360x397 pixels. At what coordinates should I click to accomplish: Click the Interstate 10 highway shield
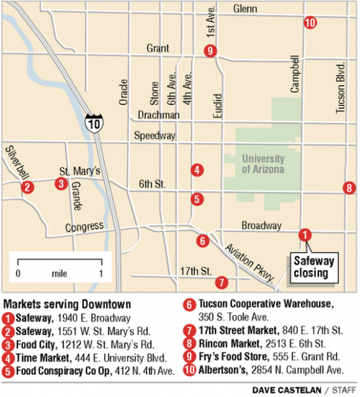[x=93, y=122]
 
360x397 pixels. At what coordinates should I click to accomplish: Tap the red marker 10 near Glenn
[x=310, y=23]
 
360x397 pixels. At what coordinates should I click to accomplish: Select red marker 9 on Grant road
[x=210, y=50]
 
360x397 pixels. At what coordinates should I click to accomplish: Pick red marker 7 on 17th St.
[x=221, y=282]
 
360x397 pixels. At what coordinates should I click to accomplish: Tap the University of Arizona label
[x=263, y=164]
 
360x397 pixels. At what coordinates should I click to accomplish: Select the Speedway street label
[x=156, y=135]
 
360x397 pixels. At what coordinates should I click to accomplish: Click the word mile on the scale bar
[x=60, y=275]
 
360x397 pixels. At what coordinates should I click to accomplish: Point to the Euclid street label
[x=218, y=105]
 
